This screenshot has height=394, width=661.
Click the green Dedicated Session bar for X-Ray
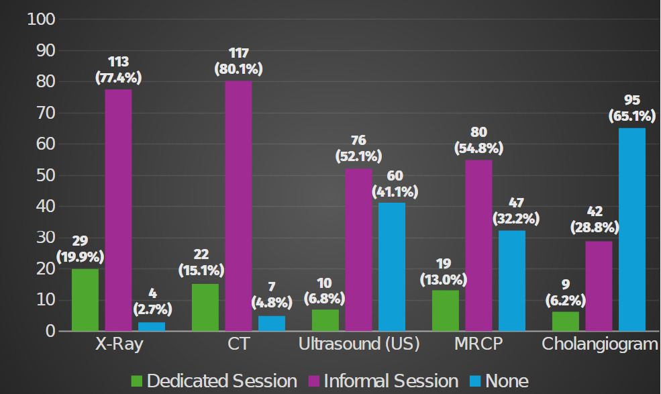pyautogui.click(x=85, y=299)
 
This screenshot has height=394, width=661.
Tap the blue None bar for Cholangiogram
pyautogui.click(x=631, y=230)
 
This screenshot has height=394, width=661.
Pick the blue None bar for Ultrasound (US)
pyautogui.click(x=392, y=266)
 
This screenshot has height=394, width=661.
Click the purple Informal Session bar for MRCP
pyautogui.click(x=479, y=245)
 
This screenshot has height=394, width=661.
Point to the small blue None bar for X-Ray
pyautogui.click(x=152, y=327)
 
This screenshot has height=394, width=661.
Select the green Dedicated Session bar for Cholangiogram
pyautogui.click(x=566, y=322)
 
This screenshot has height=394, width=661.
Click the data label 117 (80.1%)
pyautogui.click(x=238, y=61)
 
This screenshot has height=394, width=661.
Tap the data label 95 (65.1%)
pyautogui.click(x=631, y=108)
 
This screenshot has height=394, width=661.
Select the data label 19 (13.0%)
pyautogui.click(x=445, y=270)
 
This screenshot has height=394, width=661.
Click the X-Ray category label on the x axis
pyautogui.click(x=119, y=344)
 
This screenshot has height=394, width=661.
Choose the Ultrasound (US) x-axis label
pyautogui.click(x=359, y=344)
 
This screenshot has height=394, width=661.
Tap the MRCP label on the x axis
pyautogui.click(x=478, y=344)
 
